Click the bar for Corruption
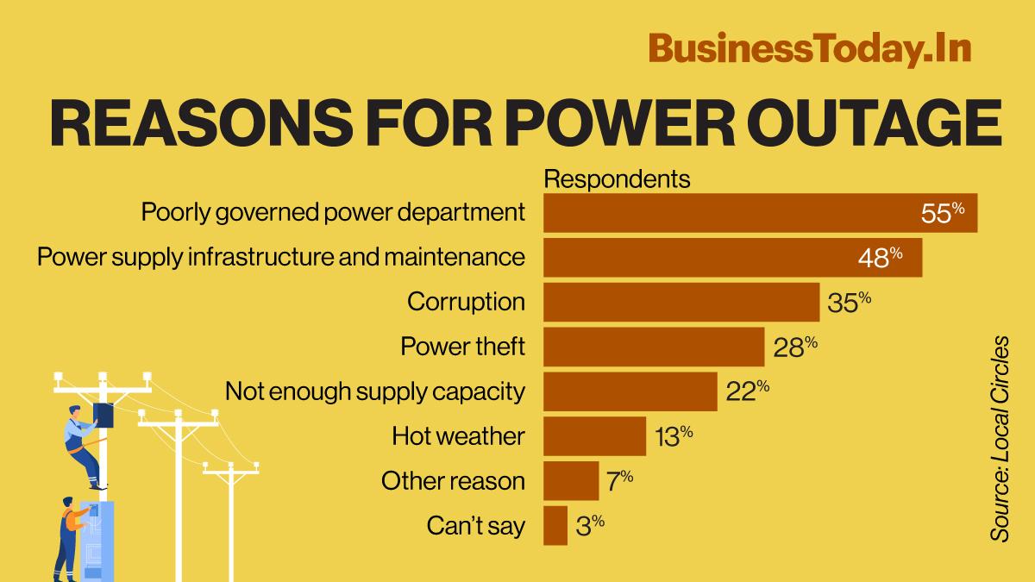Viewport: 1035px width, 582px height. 681,302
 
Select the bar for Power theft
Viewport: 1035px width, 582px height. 653,347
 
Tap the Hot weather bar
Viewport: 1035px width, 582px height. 594,435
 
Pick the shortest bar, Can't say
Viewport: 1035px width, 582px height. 555,525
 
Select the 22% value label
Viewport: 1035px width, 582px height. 747,391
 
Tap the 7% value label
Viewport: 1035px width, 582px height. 619,479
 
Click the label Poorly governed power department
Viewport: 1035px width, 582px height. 333,212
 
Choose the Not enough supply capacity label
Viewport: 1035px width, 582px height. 374,391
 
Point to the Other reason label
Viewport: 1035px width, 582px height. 453,480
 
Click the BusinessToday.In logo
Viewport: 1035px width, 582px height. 810,48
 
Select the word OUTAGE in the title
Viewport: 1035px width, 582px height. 862,124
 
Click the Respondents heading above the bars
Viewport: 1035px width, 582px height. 617,179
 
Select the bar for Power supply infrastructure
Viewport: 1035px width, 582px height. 732,257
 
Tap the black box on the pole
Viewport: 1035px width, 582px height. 104,415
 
